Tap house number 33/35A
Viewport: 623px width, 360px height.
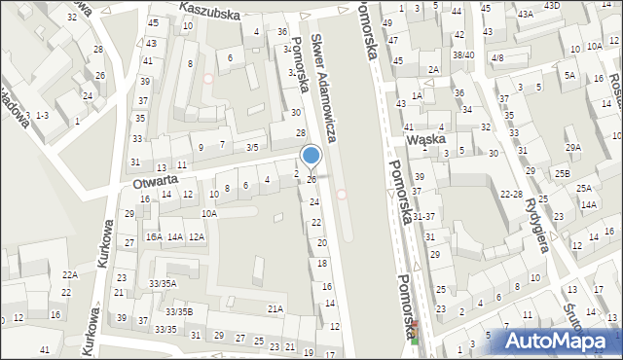(x=162, y=283)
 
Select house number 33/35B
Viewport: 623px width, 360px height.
(x=178, y=311)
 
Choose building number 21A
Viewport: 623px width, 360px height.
(x=275, y=309)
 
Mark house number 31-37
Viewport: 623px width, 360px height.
(x=422, y=216)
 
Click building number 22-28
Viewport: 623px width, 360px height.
(x=511, y=195)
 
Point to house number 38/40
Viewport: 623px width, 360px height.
(x=463, y=55)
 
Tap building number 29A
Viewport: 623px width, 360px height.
(x=574, y=147)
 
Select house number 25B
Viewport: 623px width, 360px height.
(x=563, y=173)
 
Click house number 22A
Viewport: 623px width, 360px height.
(x=69, y=275)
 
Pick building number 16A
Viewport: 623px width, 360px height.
(x=154, y=236)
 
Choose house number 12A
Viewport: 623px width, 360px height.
(x=197, y=236)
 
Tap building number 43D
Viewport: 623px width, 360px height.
(x=552, y=6)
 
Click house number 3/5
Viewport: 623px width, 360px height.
(x=252, y=147)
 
